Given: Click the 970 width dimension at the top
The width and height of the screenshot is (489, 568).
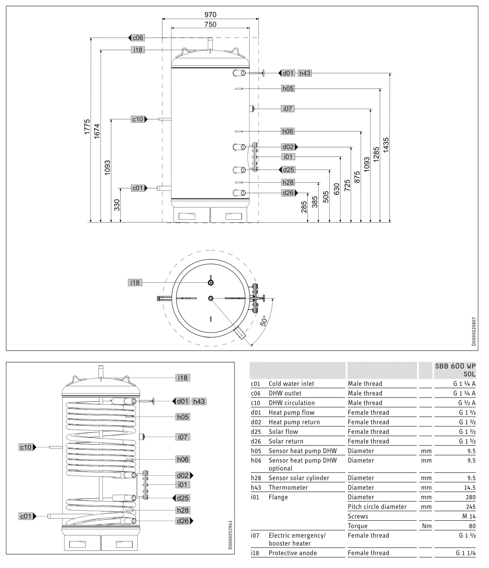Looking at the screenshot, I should [210, 14].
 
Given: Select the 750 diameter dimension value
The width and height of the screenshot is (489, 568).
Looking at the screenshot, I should [210, 24].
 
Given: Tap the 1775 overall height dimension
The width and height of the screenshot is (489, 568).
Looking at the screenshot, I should [87, 127].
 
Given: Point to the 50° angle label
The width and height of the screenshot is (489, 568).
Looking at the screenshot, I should [264, 321].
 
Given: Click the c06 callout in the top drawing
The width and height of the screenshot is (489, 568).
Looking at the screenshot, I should [138, 38].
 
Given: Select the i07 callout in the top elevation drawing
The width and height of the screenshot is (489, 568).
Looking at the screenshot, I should [288, 108].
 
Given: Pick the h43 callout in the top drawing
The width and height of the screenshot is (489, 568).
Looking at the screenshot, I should [304, 73].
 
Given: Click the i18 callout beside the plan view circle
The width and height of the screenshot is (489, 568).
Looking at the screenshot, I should [135, 282].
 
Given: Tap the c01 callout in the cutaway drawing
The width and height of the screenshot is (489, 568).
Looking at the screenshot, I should [26, 516].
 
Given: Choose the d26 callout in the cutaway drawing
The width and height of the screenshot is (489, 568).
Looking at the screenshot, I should [183, 521].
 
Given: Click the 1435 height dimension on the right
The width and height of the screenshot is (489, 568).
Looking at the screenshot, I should [386, 145].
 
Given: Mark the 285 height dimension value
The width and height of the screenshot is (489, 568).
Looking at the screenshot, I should [304, 207].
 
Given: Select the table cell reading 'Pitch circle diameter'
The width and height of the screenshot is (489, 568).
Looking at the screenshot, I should [377, 506].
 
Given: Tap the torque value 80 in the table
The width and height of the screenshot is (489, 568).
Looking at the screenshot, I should [472, 526].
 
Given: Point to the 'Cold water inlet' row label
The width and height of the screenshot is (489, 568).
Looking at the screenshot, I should [291, 383].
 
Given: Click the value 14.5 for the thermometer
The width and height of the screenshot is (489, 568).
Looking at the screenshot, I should [469, 487].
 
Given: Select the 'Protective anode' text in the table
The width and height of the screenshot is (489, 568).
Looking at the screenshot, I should [292, 553].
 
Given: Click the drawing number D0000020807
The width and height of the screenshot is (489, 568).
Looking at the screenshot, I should [473, 331].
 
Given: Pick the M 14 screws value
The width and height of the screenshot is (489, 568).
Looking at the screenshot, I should [469, 516].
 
